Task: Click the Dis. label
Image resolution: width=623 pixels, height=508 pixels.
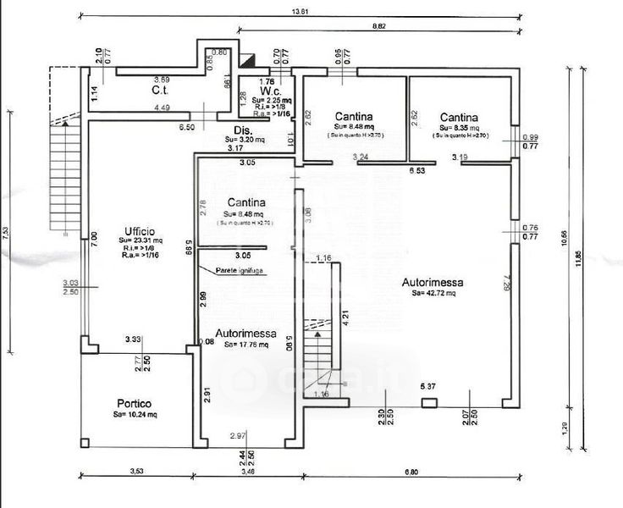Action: pos(244,130)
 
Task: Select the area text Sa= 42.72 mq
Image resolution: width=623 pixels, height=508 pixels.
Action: pos(434,294)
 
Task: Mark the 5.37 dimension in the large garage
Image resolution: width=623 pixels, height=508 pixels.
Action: pos(428,387)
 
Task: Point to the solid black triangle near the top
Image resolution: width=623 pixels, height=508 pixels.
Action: pos(247,62)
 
